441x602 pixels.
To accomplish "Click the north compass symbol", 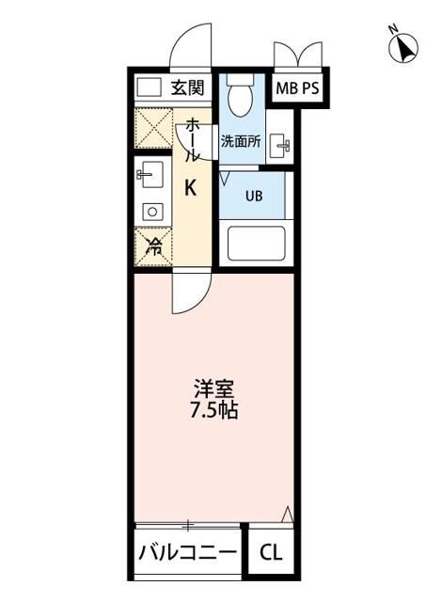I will click(405, 46).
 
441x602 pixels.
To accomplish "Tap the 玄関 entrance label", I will click(188, 88).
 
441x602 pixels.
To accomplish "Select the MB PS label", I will click(294, 89).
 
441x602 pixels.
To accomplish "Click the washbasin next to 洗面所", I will click(279, 146).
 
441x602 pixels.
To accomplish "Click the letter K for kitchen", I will click(189, 188).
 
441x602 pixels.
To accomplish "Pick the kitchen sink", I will click(149, 175).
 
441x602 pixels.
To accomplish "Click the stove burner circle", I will click(150, 212).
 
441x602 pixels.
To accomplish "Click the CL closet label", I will click(269, 553).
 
